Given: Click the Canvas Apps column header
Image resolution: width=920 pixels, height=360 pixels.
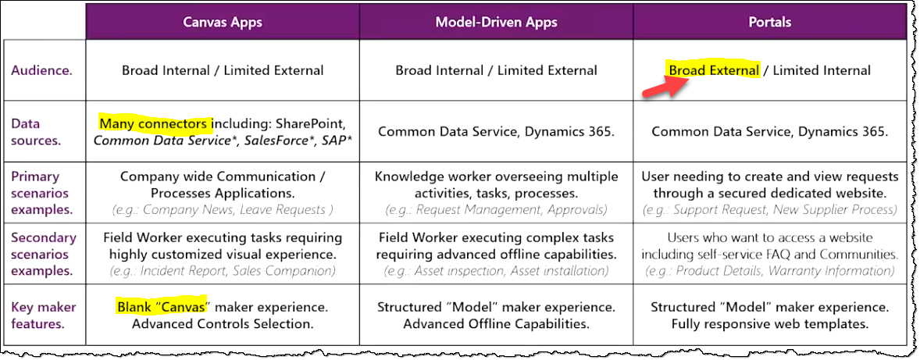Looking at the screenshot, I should [222, 21].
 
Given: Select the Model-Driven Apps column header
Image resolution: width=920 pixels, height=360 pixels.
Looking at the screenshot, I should [496, 21].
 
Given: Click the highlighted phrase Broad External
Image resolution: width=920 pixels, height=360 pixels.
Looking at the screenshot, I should [714, 70].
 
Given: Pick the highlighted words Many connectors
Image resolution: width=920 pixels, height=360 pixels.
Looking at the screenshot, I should [155, 123].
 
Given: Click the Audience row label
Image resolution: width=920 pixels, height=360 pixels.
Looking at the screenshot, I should [41, 70].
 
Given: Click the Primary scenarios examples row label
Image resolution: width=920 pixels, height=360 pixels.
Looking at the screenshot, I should [39, 193].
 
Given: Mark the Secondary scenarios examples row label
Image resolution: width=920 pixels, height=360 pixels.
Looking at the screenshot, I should [44, 254].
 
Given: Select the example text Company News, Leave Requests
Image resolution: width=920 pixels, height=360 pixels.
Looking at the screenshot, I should [223, 210].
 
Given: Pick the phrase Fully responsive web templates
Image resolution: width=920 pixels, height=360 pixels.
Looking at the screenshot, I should [769, 323].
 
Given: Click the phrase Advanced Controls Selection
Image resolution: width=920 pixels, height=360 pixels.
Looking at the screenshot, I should [223, 323].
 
